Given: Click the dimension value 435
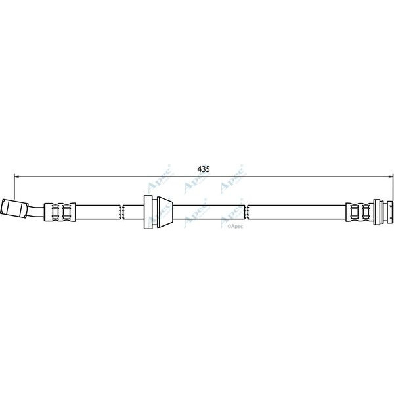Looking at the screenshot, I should click(204, 169).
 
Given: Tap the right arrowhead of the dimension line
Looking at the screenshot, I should click(389, 176).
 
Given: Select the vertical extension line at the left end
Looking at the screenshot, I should click(14, 187).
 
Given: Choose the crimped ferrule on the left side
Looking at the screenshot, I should click(60, 211).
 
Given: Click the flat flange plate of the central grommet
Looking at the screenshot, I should click(148, 211).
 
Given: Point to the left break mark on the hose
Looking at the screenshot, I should click(123, 211).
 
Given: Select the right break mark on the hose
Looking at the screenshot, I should click(247, 211).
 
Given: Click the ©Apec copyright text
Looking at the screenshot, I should click(234, 226).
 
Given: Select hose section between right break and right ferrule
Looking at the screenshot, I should click(295, 211).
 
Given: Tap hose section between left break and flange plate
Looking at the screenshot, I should click(133, 211).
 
